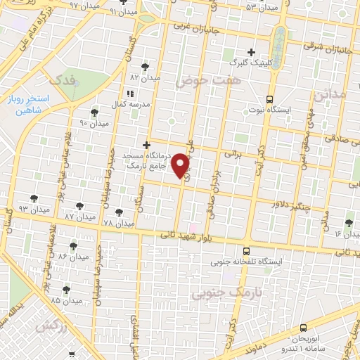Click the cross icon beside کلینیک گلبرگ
pos(251,52)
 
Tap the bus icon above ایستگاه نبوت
pos(270,99)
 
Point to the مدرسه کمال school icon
pos(129,94)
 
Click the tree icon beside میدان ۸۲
pos(145,67)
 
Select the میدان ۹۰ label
pos(94,123)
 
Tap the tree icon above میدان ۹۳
pos(34,199)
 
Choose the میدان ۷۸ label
pos(118,223)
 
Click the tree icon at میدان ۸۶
pos(73,246)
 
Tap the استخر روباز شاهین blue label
pos(27,106)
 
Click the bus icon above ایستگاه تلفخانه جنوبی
pos(245,250)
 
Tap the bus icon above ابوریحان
pos(303,328)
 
